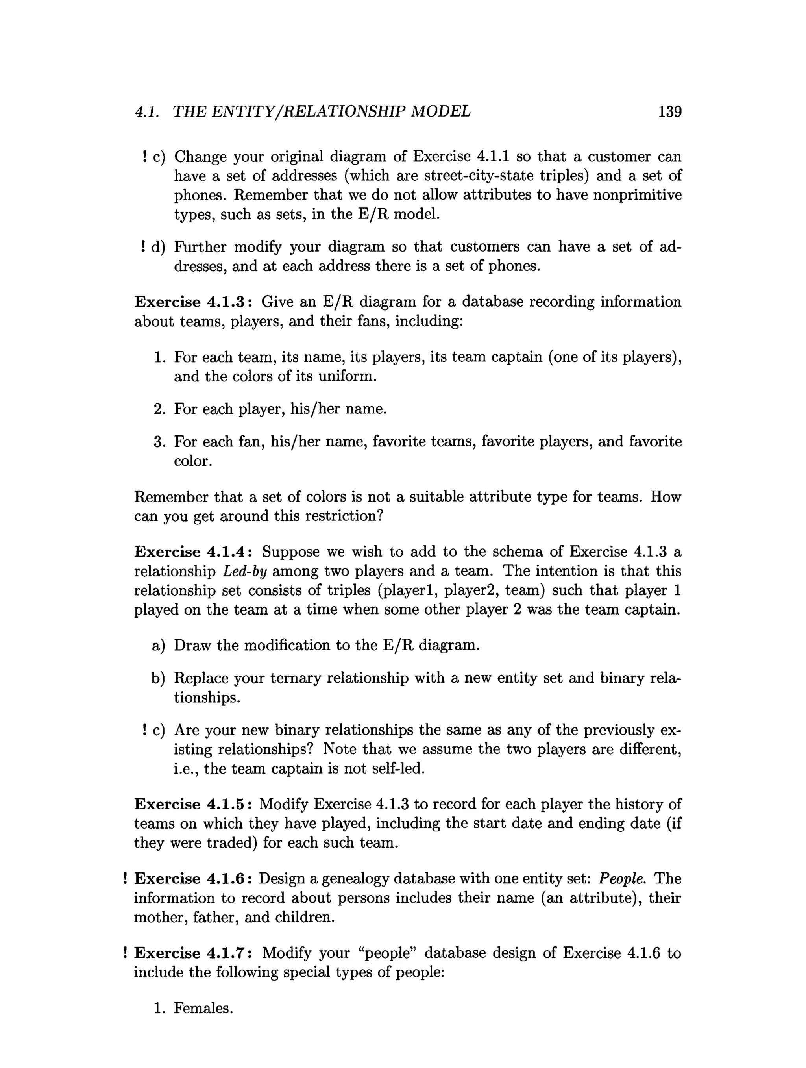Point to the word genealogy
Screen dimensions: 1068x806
[355, 879]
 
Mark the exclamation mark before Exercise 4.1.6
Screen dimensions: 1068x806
[125, 879]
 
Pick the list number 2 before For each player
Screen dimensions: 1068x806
[159, 409]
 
